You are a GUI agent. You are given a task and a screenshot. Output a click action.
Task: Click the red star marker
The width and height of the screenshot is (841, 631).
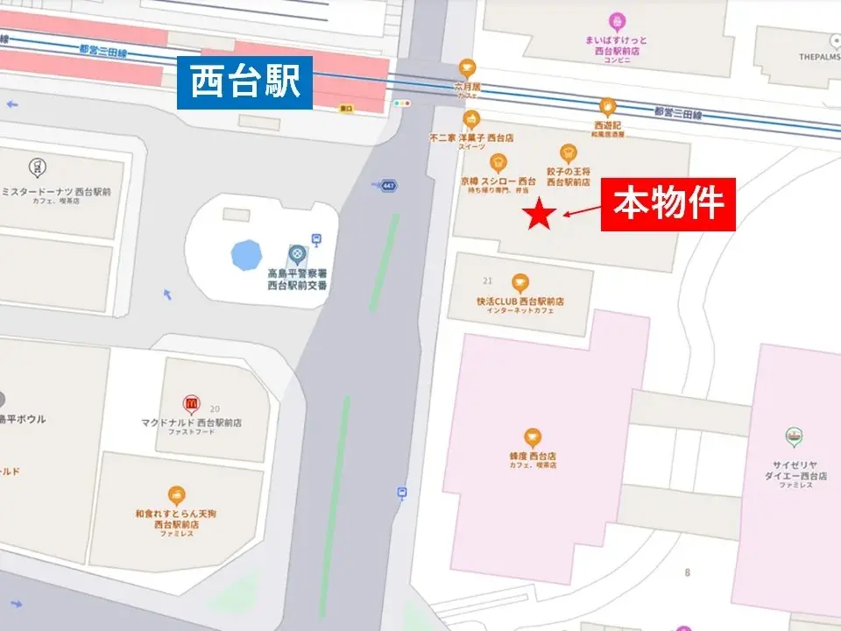click(x=540, y=215)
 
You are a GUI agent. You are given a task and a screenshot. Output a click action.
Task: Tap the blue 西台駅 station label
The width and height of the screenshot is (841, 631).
click(x=244, y=84)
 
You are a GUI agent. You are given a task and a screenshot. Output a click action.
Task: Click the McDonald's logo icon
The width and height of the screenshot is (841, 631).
click(x=191, y=404)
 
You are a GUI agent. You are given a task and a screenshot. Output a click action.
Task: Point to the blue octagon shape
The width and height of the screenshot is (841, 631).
click(x=246, y=255)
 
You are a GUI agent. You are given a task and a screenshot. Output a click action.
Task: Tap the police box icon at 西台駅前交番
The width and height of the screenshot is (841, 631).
click(x=297, y=255)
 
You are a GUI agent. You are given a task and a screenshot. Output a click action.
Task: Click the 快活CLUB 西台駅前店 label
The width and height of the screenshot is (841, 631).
click(x=520, y=301)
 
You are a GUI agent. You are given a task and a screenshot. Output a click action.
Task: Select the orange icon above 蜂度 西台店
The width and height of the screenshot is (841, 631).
click(x=533, y=438)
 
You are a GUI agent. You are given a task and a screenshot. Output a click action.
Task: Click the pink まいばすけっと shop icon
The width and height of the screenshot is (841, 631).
click(x=618, y=20)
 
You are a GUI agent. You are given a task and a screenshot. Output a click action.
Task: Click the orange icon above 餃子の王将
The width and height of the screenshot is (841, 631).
click(x=569, y=153)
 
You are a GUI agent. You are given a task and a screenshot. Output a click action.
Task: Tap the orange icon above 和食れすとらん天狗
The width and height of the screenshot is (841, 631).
click(x=177, y=495)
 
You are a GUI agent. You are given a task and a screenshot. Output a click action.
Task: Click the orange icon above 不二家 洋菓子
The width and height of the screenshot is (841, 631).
click(x=471, y=120)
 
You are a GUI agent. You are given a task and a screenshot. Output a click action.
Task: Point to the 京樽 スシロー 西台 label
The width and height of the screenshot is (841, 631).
click(x=498, y=181)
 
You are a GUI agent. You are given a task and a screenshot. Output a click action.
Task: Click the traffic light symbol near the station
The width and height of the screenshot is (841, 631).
click(x=402, y=103)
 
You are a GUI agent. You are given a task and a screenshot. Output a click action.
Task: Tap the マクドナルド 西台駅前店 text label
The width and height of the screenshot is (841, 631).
click(x=191, y=422)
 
